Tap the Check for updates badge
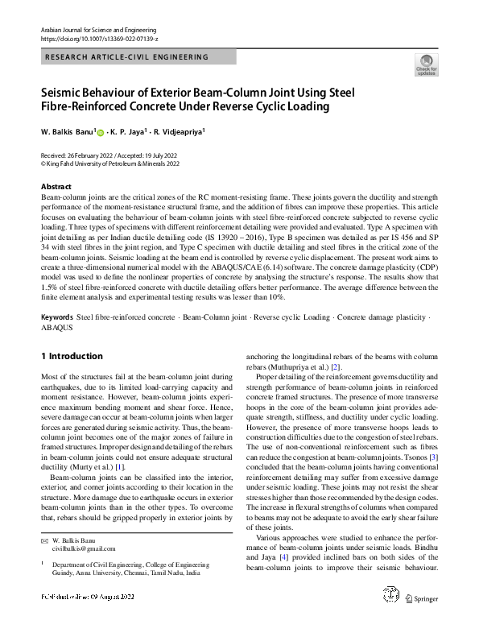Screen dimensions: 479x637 (426, 65)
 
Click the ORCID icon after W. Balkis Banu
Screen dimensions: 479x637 (101, 131)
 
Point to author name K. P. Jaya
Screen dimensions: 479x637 (129, 130)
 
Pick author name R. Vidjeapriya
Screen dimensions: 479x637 (180, 130)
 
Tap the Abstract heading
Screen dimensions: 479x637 (56, 186)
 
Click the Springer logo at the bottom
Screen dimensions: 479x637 (422, 620)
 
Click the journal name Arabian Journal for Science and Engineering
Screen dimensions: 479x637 (96, 29)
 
